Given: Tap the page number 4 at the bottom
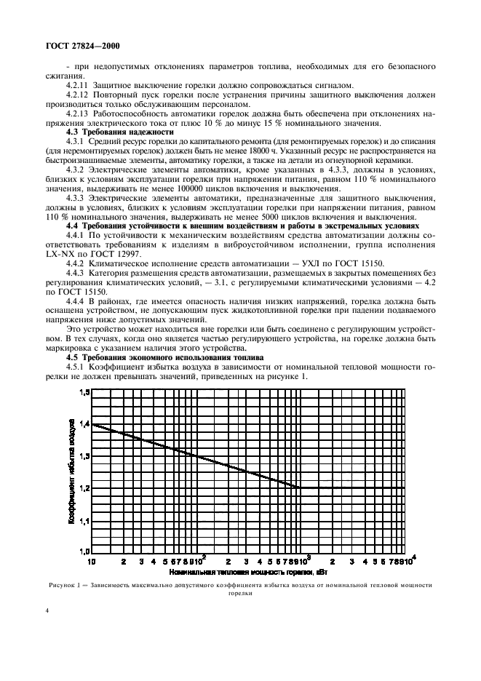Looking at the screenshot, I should pyautogui.click(x=47, y=613).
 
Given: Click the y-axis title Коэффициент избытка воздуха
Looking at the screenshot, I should pyautogui.click(x=73, y=472).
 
